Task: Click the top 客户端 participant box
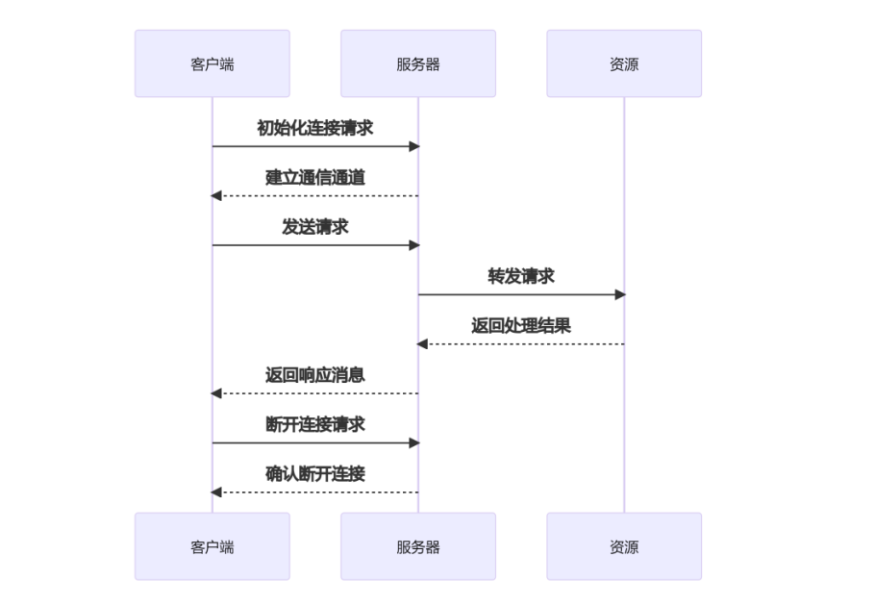click(x=212, y=63)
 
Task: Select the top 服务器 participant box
click(x=418, y=63)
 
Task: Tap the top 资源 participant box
click(x=624, y=63)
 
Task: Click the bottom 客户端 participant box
click(x=212, y=546)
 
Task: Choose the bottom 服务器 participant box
click(x=418, y=546)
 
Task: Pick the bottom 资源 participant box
click(x=624, y=546)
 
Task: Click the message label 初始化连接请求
click(x=315, y=128)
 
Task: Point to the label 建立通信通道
click(x=315, y=177)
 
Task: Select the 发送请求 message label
click(x=315, y=227)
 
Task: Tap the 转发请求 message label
click(x=521, y=276)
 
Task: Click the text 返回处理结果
click(x=521, y=325)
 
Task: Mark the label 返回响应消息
click(x=315, y=375)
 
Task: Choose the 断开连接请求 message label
click(x=315, y=424)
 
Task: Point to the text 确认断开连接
click(x=315, y=474)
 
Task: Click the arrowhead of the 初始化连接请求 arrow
click(x=414, y=146)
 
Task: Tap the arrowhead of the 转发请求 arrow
click(x=620, y=294)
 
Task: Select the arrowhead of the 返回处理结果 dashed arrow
click(x=422, y=344)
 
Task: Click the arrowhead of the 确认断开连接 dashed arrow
click(x=216, y=492)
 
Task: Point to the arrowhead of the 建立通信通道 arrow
click(x=216, y=196)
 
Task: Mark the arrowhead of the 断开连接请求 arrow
click(x=414, y=443)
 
